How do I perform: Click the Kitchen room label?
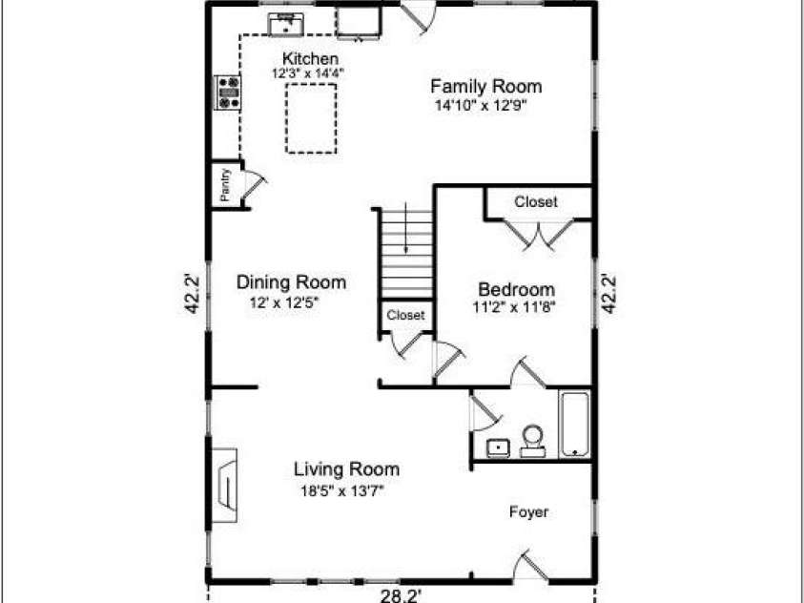[x=310, y=59]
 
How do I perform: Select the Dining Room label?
[x=291, y=282]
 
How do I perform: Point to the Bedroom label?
[x=516, y=290]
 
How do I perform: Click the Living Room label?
[x=346, y=469]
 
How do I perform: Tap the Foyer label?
[x=528, y=512]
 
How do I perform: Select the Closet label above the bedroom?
[x=536, y=202]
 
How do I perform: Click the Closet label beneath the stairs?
[x=405, y=315]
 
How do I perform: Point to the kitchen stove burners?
[x=229, y=92]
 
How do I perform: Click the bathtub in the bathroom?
[x=575, y=424]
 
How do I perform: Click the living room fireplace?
[x=226, y=487]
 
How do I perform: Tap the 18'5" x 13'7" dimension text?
[x=344, y=492]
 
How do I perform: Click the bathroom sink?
[x=498, y=448]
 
